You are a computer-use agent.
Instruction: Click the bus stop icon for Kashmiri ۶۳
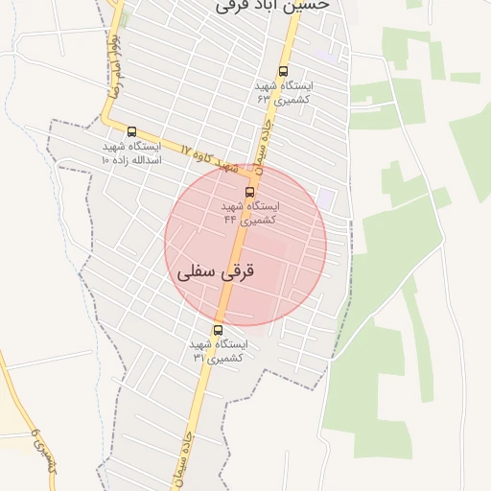pos(283,71)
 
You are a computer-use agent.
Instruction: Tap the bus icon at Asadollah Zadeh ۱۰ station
pos(131,132)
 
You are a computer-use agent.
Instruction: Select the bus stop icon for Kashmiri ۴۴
pos(250,192)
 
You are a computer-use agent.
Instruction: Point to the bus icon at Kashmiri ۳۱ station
pos(218,330)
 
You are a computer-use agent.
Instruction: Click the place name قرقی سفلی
pos(217,271)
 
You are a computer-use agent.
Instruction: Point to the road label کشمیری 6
pos(41,451)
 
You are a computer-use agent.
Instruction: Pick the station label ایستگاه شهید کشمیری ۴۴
pos(251,213)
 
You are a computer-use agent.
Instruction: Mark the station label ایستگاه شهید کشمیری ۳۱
pos(219,350)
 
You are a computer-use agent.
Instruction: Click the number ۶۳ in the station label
pos(262,99)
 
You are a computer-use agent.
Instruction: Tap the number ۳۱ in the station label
pos(199,357)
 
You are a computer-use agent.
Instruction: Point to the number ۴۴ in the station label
pos(230,220)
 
